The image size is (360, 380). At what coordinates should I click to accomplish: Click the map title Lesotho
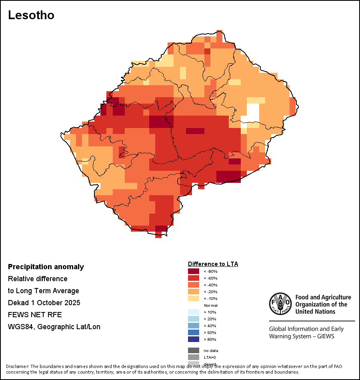pos(31,15)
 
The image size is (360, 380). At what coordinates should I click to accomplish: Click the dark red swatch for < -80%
pos(193,271)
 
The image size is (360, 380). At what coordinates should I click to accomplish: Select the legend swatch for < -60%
pos(193,278)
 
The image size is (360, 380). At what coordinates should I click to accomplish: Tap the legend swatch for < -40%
pos(193,285)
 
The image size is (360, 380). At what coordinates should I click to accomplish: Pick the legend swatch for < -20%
pos(193,292)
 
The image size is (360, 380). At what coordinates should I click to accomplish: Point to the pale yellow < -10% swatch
pos(193,298)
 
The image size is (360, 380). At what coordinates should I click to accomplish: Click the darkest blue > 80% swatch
pos(193,339)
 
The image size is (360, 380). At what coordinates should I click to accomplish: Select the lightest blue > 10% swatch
pos(193,312)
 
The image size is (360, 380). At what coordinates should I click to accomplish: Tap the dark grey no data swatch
pos(193,350)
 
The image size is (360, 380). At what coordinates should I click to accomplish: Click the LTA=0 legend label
pos(210,357)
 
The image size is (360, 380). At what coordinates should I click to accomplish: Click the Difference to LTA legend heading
pos(213,264)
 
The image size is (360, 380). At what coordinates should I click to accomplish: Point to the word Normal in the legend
pos(210,305)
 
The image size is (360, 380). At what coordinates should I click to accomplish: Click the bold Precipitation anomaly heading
pos(46,267)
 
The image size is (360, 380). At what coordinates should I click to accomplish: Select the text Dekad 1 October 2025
pos(44,303)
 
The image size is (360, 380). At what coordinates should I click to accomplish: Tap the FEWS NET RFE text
pos(35,315)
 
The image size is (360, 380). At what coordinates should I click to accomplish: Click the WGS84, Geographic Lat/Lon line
pos(54,327)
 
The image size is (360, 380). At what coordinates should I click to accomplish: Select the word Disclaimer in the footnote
pos(17,366)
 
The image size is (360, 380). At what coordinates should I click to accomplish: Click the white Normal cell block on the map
pos(252,112)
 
